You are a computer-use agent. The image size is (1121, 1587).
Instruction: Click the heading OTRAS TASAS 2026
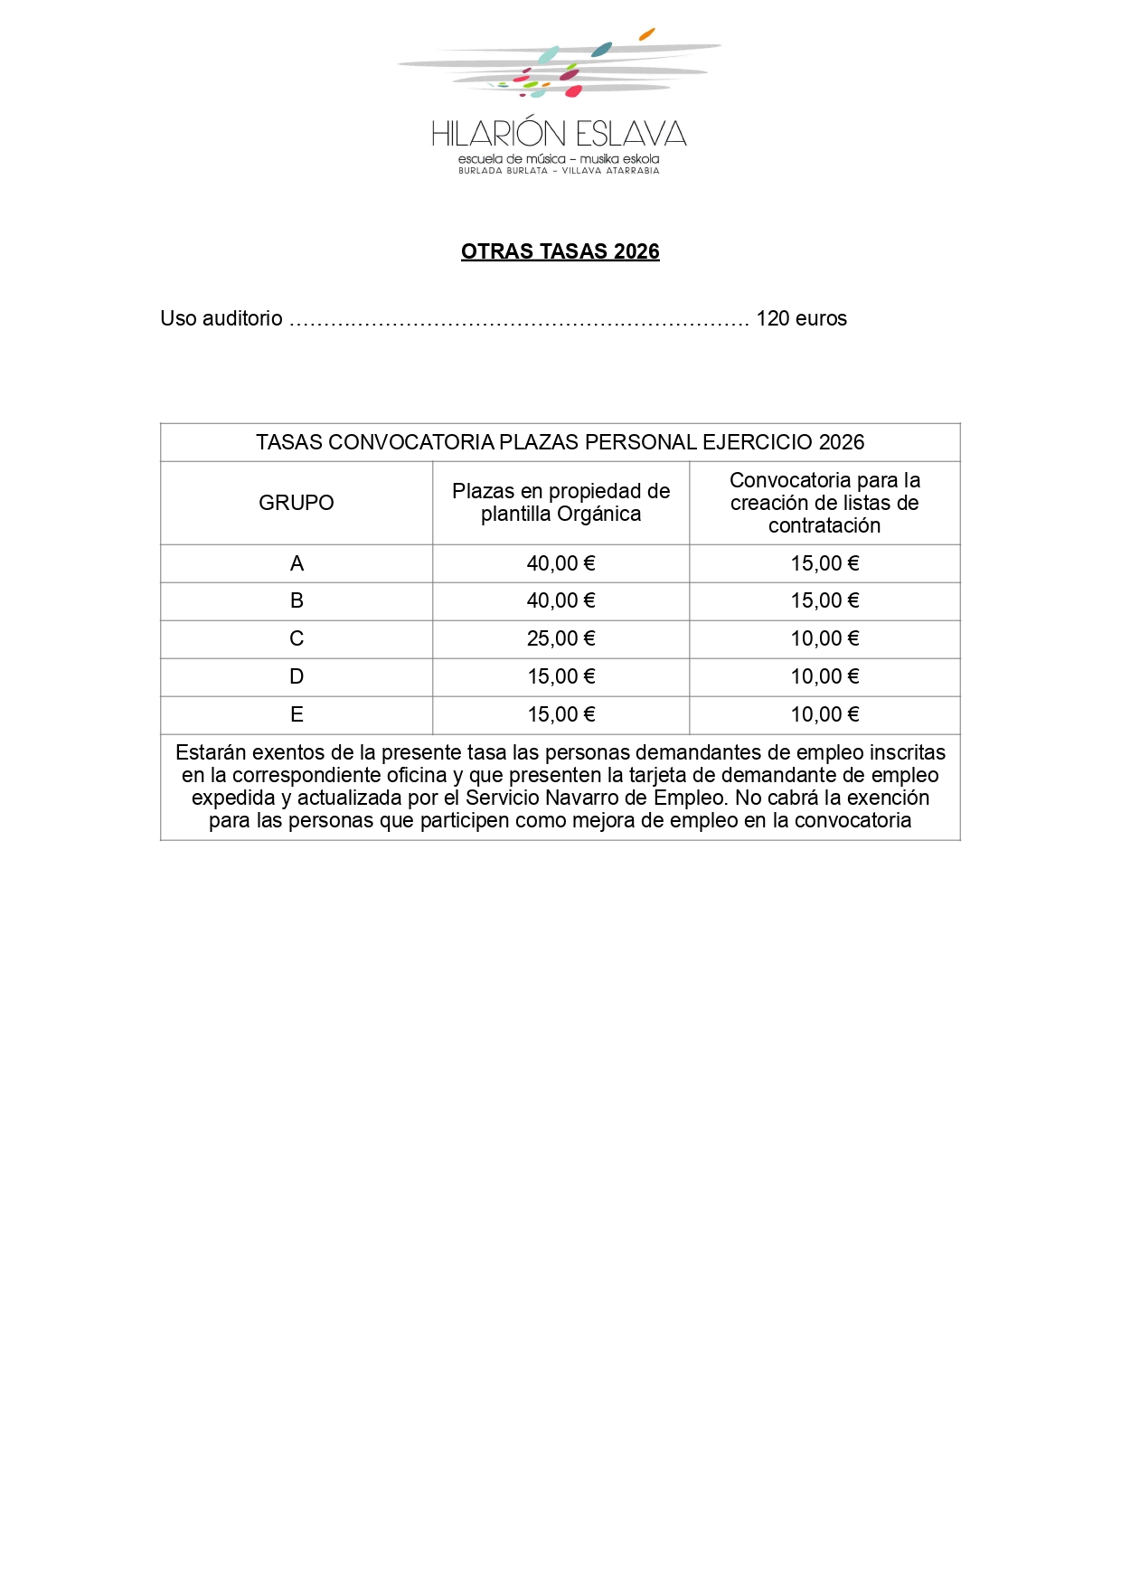[x=560, y=251]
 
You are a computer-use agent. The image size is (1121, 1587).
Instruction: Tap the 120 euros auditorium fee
[x=801, y=318]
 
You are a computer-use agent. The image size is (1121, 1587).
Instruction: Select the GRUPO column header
[x=296, y=503]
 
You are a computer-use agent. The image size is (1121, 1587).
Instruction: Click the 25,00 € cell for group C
[x=560, y=638]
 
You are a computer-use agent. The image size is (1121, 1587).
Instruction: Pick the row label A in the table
[x=297, y=563]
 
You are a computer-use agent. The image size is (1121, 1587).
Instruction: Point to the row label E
[x=297, y=714]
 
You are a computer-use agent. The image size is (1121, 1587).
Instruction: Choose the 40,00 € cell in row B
[x=560, y=600]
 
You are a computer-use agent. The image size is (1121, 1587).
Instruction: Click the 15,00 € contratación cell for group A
[x=824, y=563]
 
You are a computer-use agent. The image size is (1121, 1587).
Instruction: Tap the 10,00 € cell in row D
[x=824, y=676]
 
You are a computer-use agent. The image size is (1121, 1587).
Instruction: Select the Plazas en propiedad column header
[x=560, y=503]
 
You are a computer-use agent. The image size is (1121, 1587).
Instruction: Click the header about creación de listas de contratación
[x=824, y=503]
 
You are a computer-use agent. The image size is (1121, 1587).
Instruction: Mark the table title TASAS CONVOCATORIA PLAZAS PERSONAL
[x=560, y=442]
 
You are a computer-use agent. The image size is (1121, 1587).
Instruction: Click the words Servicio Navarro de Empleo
[x=597, y=798]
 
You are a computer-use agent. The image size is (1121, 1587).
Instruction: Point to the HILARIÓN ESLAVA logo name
[x=559, y=134]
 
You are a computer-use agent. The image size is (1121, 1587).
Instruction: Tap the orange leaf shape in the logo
[x=646, y=34]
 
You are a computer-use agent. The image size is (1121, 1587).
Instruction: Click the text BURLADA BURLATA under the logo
[x=503, y=171]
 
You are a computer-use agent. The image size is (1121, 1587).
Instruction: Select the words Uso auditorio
[x=221, y=318]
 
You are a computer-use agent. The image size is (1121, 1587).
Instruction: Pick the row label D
[x=297, y=676]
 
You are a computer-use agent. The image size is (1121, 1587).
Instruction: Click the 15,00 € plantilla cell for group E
[x=560, y=714]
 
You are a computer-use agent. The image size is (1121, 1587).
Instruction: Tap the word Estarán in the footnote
[x=210, y=752]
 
